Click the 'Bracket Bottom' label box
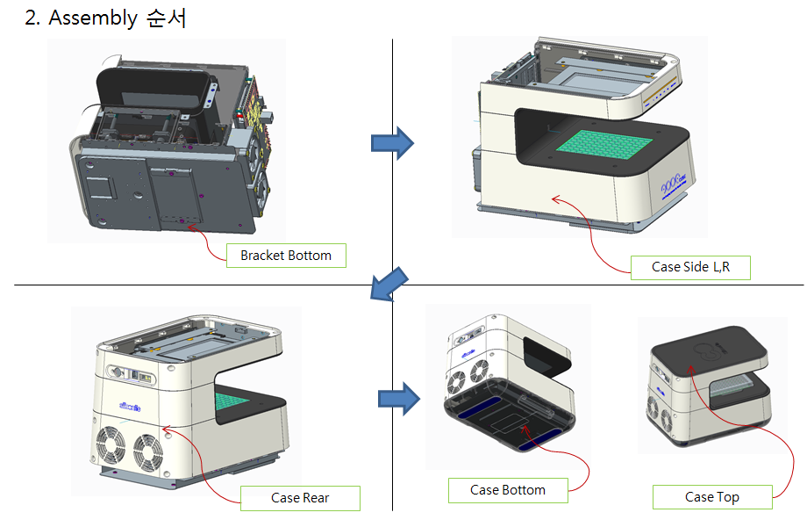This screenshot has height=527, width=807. (286, 256)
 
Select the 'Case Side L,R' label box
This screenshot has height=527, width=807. (690, 267)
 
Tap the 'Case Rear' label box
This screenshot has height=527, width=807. (300, 498)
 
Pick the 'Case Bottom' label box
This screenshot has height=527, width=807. (508, 490)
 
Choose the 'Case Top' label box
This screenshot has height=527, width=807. (711, 497)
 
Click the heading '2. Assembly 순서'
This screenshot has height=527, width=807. (105, 18)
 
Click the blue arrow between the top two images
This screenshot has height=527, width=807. (392, 142)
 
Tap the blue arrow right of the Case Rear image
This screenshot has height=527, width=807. (397, 399)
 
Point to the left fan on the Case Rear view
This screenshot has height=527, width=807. (114, 447)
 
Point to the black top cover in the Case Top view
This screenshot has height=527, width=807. (710, 349)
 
